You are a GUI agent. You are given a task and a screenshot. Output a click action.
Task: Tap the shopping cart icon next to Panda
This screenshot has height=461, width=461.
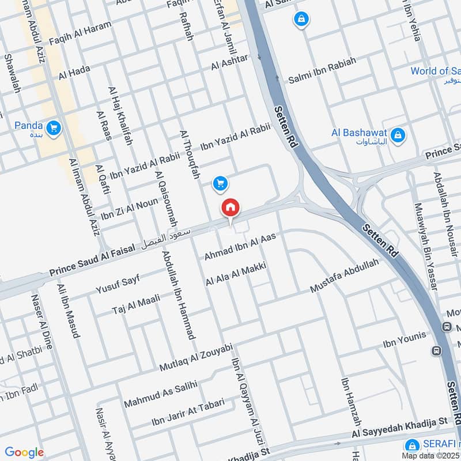click(x=54, y=128)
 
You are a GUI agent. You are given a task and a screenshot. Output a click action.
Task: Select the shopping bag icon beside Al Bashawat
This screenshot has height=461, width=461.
click(x=397, y=136)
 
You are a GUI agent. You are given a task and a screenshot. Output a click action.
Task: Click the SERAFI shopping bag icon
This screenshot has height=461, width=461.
click(x=411, y=445)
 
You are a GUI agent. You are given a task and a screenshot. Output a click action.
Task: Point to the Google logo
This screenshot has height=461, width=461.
click(x=24, y=452)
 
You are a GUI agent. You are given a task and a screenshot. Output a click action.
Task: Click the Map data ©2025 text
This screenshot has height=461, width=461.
click(x=431, y=455)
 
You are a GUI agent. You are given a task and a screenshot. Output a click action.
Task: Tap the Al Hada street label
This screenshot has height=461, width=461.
click(x=74, y=72)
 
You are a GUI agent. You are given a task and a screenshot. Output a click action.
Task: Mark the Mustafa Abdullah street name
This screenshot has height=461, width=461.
click(x=344, y=275)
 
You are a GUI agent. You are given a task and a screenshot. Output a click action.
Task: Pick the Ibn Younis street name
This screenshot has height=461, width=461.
click(x=404, y=341)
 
